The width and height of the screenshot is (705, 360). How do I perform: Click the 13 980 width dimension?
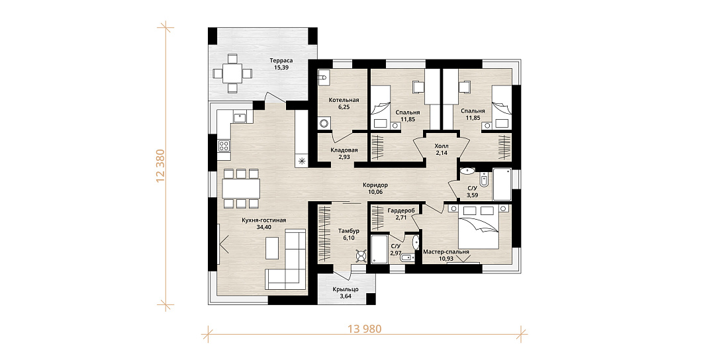pyautogui.click(x=365, y=329)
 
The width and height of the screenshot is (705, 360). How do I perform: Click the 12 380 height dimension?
pyautogui.click(x=162, y=166)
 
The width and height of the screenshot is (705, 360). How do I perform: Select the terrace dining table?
pyautogui.click(x=232, y=73)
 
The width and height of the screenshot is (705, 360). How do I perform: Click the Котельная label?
pyautogui.click(x=344, y=100)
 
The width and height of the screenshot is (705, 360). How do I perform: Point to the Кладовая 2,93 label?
pyautogui.click(x=344, y=154)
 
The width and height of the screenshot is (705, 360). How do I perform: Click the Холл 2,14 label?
pyautogui.click(x=442, y=150)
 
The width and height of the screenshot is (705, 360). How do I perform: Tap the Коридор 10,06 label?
pyautogui.click(x=375, y=189)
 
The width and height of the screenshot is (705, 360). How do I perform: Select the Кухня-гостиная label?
pyautogui.click(x=264, y=220)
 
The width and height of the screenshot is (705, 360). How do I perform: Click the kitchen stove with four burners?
pyautogui.click(x=224, y=146)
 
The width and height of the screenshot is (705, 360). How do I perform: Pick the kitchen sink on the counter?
pyautogui.click(x=239, y=118)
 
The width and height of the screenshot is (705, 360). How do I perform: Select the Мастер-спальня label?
pyautogui.click(x=446, y=252)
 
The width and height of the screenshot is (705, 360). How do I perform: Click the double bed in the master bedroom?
pyautogui.click(x=478, y=226)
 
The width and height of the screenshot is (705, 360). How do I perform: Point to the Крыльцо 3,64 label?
pyautogui.click(x=346, y=292)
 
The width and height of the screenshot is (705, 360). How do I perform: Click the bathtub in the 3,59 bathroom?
pyautogui.click(x=502, y=184)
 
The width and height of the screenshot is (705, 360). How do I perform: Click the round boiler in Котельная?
pyautogui.click(x=323, y=122)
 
